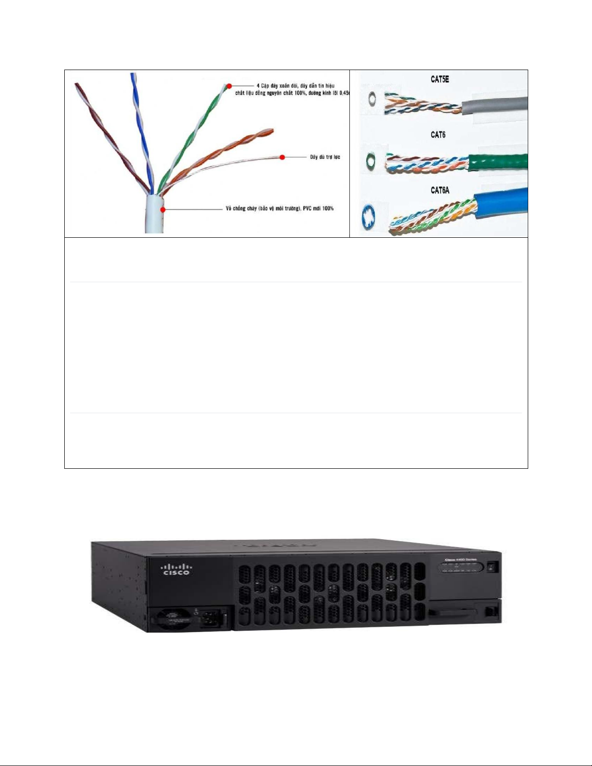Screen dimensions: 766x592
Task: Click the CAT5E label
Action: point(439,79)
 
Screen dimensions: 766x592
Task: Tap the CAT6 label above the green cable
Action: point(438,135)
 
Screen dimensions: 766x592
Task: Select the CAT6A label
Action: point(440,190)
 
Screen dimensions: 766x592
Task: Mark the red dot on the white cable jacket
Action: point(163,209)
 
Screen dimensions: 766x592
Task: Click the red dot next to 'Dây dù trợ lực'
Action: point(282,157)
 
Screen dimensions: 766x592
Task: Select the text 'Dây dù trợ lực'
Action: point(325,157)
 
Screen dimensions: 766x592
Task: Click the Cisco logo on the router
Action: point(176,569)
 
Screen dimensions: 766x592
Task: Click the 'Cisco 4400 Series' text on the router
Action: point(461,559)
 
